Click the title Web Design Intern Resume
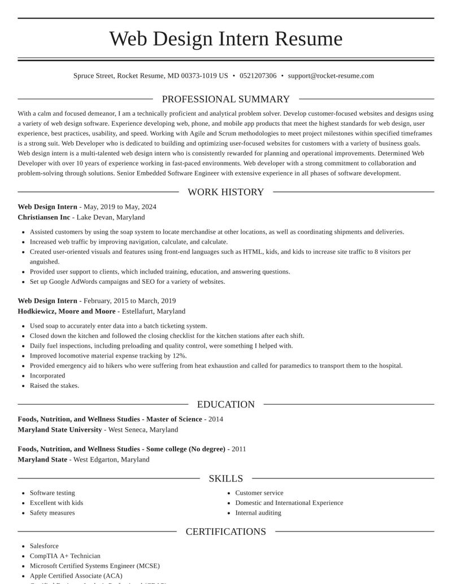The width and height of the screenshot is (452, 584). tap(225, 39)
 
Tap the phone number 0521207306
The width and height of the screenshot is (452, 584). tap(258, 76)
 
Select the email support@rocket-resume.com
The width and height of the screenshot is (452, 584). tap(331, 76)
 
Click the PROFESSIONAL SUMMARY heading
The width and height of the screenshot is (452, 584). tap(225, 99)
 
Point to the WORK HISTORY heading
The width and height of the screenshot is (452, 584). tap(225, 192)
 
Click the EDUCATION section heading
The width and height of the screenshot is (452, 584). tap(225, 405)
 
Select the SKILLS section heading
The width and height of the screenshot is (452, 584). tap(225, 478)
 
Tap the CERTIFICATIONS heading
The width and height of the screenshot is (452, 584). tap(225, 532)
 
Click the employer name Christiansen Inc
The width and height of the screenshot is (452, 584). tap(44, 217)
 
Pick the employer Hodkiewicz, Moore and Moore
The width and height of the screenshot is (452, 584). tap(67, 311)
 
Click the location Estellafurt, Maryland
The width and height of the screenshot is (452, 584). tap(154, 311)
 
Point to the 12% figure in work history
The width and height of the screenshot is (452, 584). tap(179, 356)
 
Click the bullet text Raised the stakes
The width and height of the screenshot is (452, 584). tap(54, 386)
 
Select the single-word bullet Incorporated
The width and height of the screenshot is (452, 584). tap(47, 376)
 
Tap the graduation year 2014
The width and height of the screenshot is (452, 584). tap(216, 419)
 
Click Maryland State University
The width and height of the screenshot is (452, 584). tap(60, 430)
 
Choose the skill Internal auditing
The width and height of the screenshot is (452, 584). tap(258, 513)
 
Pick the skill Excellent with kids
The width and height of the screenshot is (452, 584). tap(56, 503)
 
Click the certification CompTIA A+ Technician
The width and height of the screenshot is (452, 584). tap(65, 556)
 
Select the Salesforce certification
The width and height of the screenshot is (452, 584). tap(44, 546)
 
